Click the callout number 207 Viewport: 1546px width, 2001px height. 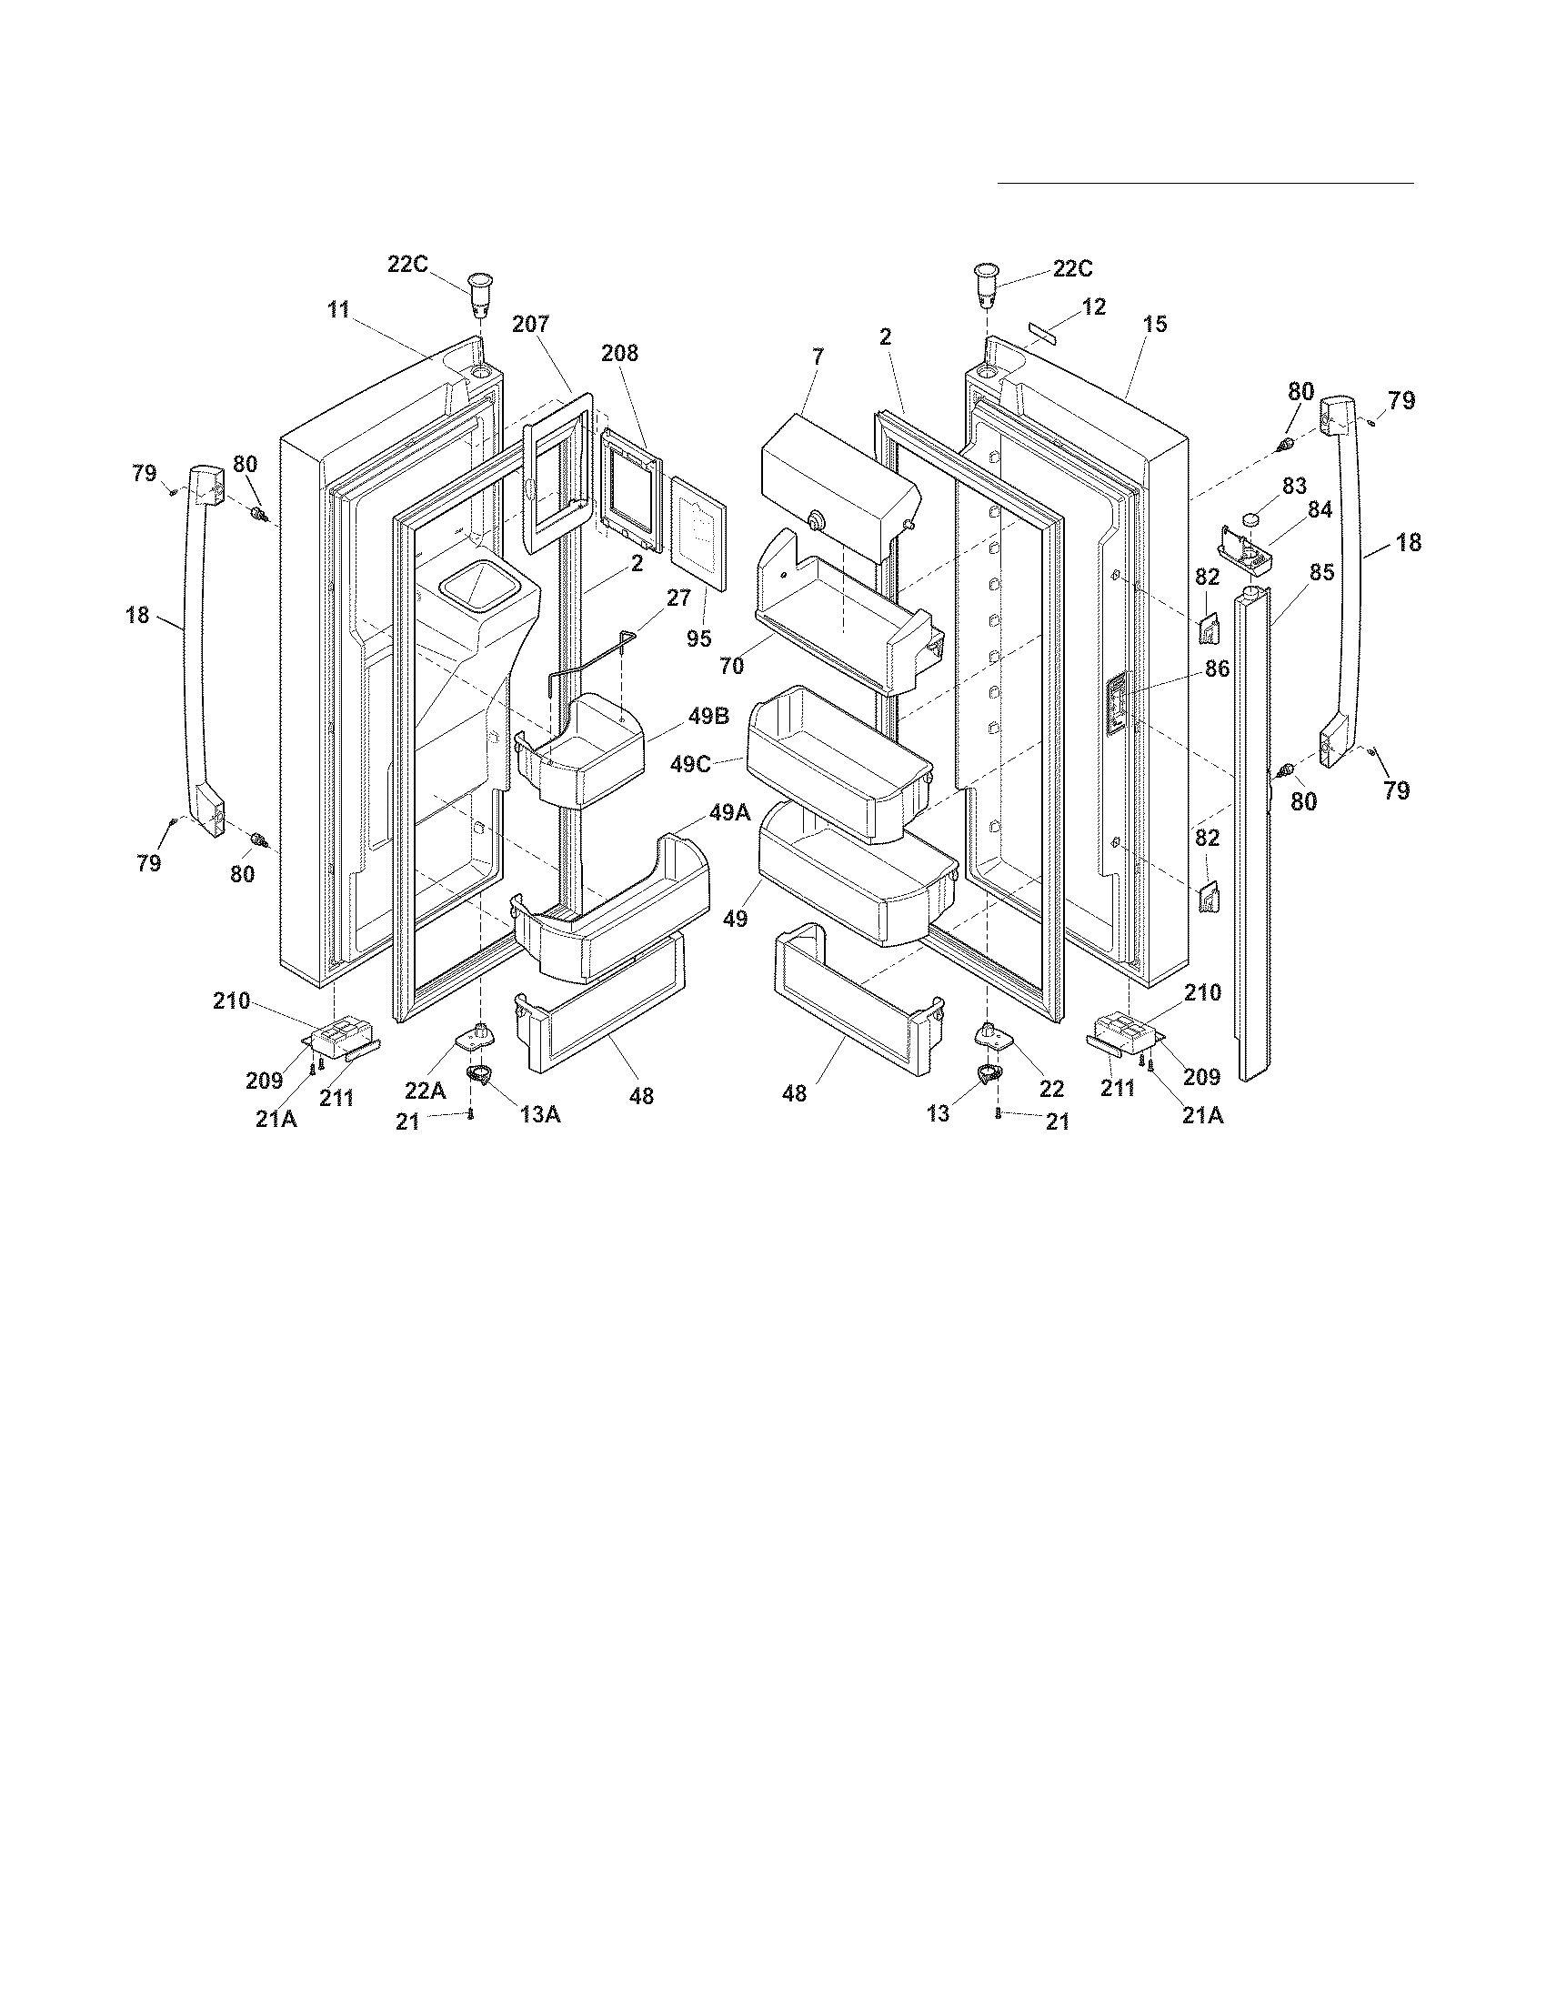[x=530, y=324]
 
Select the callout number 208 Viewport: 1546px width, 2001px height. [x=619, y=353]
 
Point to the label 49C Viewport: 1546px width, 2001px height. [x=690, y=763]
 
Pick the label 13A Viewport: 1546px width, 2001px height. [x=539, y=1113]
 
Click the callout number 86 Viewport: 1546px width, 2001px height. [x=1216, y=669]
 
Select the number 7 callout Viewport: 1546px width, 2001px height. [x=818, y=357]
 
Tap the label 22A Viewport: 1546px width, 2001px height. [x=426, y=1091]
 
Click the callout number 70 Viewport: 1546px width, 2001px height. [x=731, y=666]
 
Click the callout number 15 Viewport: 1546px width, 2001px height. [x=1155, y=324]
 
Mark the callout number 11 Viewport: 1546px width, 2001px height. [x=339, y=309]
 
